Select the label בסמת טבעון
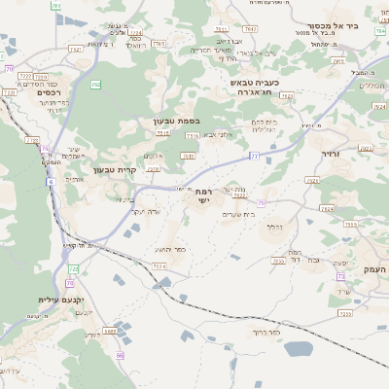click(176, 122)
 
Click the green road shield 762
click(95, 85)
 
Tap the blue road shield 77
click(254, 156)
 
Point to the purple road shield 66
click(121, 355)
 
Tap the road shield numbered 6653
click(110, 331)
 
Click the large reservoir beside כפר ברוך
click(298, 348)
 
